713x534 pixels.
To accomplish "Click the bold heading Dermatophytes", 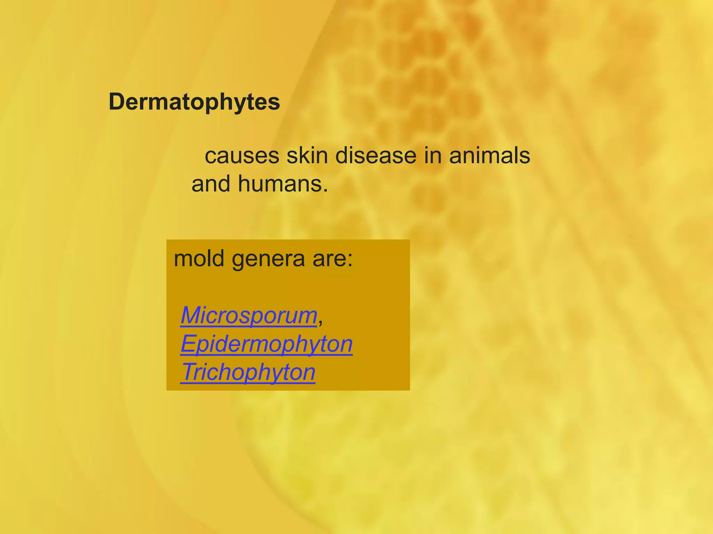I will click(x=194, y=102).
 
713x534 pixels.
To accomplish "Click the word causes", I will click(x=242, y=156).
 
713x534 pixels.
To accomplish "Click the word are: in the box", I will click(x=332, y=259).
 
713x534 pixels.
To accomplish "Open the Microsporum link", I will click(x=249, y=315).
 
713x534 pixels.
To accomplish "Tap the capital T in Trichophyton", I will click(x=188, y=372).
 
